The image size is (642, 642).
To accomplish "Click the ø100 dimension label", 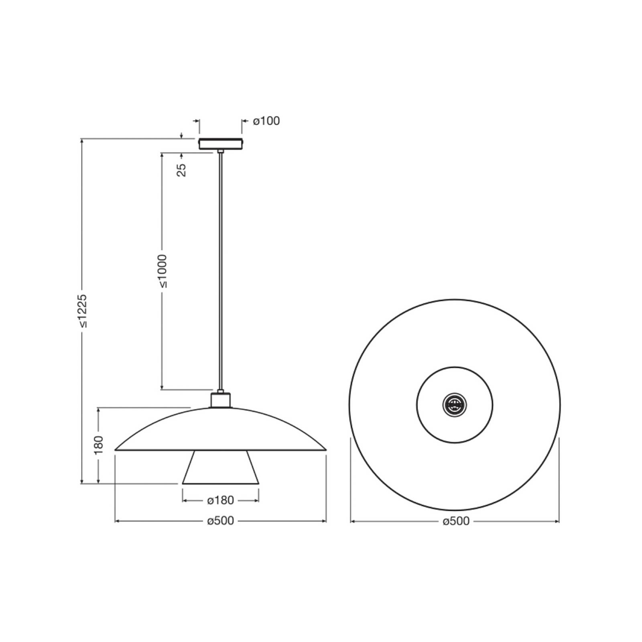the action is pyautogui.click(x=266, y=121).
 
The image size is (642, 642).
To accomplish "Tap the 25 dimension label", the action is pyautogui.click(x=182, y=170).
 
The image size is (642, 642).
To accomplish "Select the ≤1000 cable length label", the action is pyautogui.click(x=163, y=271).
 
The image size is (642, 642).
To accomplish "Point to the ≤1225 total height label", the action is pyautogui.click(x=82, y=311).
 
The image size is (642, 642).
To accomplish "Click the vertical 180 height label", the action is pyautogui.click(x=99, y=445).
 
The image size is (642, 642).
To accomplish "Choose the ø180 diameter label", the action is pyautogui.click(x=220, y=500).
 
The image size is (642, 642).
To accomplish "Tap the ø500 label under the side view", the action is pyautogui.click(x=220, y=521).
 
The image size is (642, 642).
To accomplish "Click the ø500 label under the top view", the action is pyautogui.click(x=456, y=521).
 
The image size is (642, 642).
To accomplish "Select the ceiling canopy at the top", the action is pyautogui.click(x=221, y=144).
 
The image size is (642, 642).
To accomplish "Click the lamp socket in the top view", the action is pyautogui.click(x=455, y=405).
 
